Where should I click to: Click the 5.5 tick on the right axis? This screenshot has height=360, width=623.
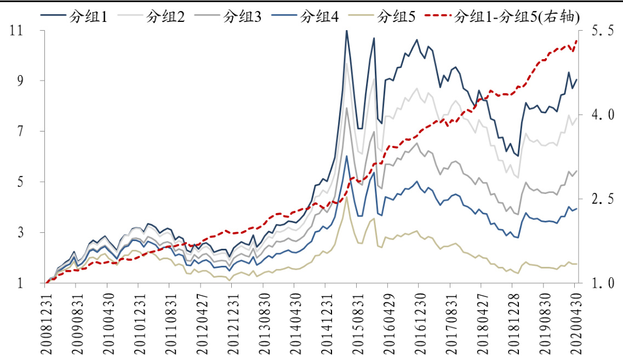point(602,31)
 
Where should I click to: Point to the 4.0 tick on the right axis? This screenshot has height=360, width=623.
point(602,115)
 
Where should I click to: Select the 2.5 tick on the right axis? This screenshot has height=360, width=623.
point(602,199)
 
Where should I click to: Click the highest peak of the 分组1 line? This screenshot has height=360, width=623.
point(346,31)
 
